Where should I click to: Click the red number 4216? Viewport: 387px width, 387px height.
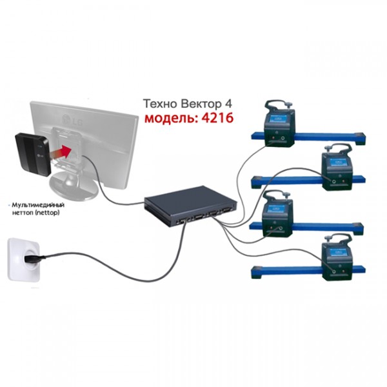pos(217,118)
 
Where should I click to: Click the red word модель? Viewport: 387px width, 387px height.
pos(171,118)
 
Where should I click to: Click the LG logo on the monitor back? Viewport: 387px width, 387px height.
pos(73,120)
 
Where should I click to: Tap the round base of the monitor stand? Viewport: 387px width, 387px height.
pos(74,186)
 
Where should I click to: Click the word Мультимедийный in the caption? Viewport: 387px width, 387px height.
pos(38,205)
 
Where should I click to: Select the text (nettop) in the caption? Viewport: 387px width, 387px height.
pos(47,212)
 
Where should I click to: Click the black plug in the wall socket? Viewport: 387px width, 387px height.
pos(35,259)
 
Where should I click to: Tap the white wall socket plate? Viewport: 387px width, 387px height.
pos(24,259)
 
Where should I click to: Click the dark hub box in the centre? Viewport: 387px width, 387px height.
pos(190,206)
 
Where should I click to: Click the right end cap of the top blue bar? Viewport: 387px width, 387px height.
pos(360,139)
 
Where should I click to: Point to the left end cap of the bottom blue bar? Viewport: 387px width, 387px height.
pos(257,272)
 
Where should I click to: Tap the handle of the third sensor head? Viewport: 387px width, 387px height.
pos(278,195)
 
